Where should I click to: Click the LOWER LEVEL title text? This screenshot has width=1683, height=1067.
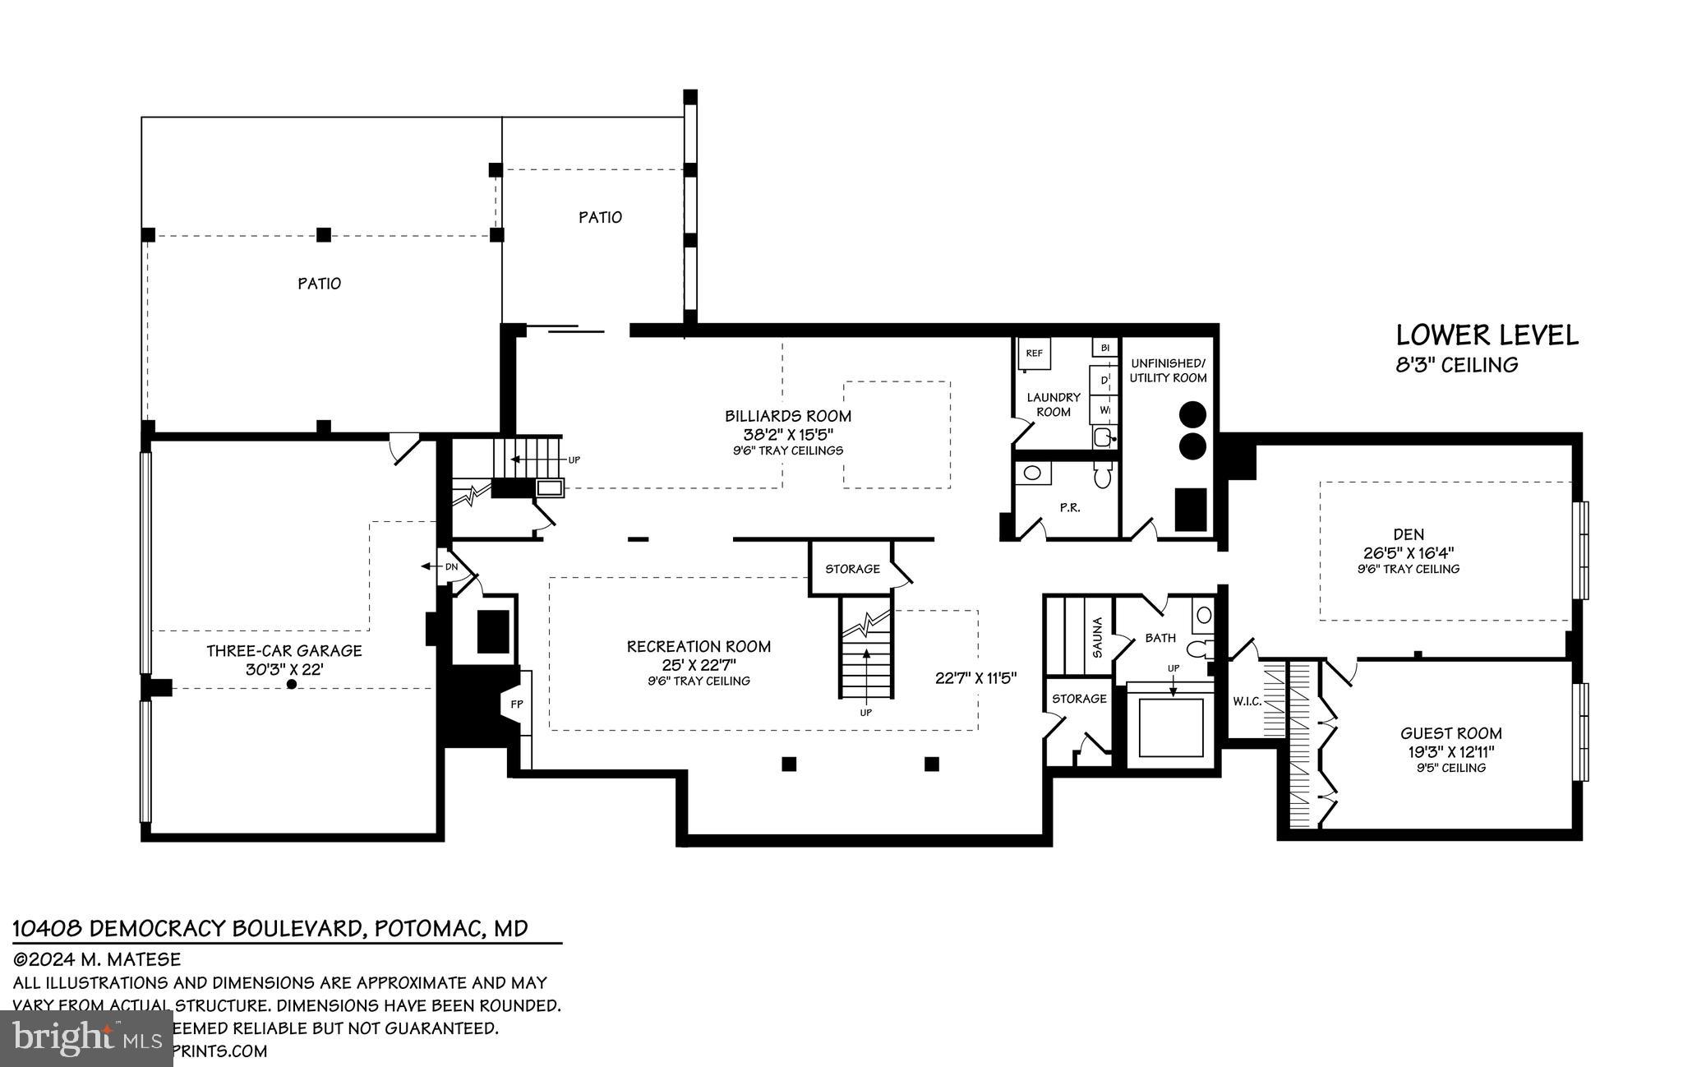pyautogui.click(x=1487, y=335)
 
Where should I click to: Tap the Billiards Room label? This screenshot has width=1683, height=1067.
pyautogui.click(x=787, y=416)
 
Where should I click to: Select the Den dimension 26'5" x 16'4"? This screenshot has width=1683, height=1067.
pyautogui.click(x=1409, y=552)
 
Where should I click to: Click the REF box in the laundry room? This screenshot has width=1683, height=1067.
pyautogui.click(x=1034, y=353)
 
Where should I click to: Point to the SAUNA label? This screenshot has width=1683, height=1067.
pyautogui.click(x=1097, y=637)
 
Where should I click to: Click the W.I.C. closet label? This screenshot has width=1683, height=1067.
pyautogui.click(x=1247, y=701)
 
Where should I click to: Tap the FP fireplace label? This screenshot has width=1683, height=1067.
pyautogui.click(x=517, y=704)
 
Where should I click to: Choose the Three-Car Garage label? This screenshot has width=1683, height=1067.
pyautogui.click(x=284, y=650)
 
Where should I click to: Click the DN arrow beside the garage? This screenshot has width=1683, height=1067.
pyautogui.click(x=441, y=566)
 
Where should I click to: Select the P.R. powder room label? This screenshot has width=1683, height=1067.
pyautogui.click(x=1069, y=508)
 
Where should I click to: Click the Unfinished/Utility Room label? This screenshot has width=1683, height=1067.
pyautogui.click(x=1168, y=371)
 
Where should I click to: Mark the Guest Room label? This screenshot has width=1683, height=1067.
pyautogui.click(x=1450, y=733)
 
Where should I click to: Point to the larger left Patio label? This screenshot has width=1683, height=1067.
pyautogui.click(x=319, y=284)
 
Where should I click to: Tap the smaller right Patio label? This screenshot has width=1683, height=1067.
pyautogui.click(x=600, y=217)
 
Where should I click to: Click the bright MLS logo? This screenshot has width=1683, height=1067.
pyautogui.click(x=86, y=1037)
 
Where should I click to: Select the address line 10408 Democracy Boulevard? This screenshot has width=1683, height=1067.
pyautogui.click(x=270, y=929)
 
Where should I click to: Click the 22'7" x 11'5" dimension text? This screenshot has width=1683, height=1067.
pyautogui.click(x=975, y=678)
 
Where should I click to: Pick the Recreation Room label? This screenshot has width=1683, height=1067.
pyautogui.click(x=699, y=647)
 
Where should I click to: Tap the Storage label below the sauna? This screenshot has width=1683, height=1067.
pyautogui.click(x=1079, y=699)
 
